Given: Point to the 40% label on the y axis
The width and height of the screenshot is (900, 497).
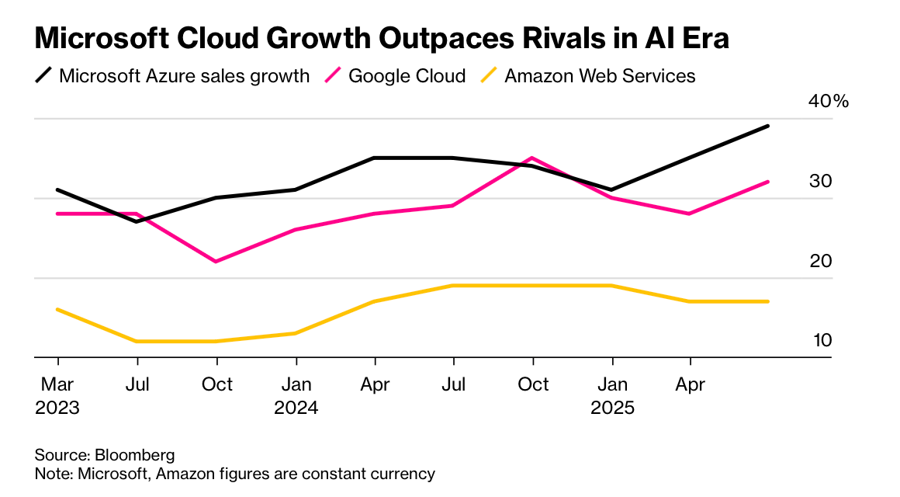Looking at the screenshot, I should (x=829, y=102).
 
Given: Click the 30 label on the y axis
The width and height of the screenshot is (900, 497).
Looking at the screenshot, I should (x=820, y=181).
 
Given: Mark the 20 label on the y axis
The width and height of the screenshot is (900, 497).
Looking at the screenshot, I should (x=820, y=261).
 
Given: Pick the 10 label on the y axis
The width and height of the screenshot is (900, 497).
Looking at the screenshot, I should (x=820, y=340).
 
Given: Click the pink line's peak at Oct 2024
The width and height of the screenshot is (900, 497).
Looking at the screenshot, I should (x=533, y=158).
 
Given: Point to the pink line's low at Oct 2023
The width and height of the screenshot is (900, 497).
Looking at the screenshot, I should (x=216, y=261).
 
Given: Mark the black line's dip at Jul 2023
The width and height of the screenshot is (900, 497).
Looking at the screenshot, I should (x=137, y=221).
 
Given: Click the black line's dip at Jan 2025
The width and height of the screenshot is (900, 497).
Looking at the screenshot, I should (x=612, y=189).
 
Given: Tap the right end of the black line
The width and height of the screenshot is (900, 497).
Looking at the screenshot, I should (x=768, y=126).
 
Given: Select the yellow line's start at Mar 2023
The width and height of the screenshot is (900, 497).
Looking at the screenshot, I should (x=57, y=309).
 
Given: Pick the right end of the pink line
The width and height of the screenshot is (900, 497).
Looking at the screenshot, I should (x=768, y=182).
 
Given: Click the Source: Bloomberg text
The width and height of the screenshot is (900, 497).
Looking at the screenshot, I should (x=105, y=455).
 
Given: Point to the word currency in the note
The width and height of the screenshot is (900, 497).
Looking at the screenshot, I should (x=405, y=473).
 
